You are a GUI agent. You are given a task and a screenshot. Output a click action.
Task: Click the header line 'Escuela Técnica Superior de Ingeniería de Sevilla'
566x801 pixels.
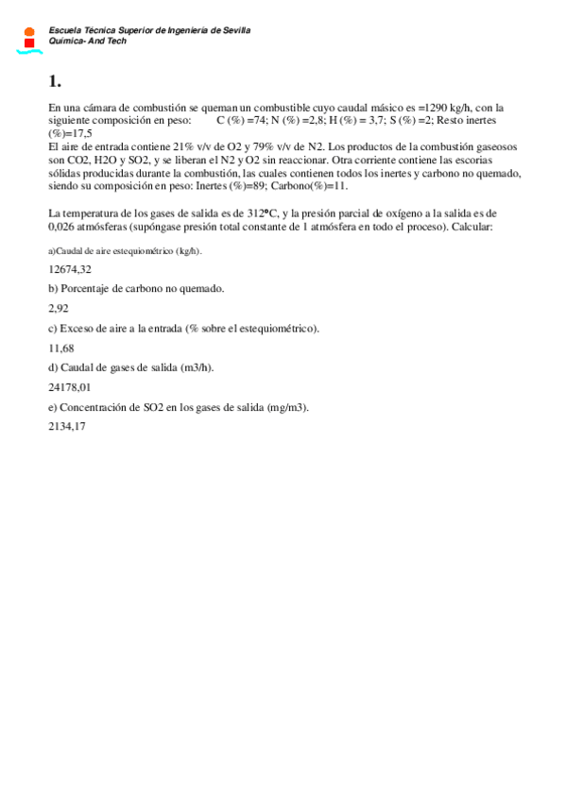(149, 30)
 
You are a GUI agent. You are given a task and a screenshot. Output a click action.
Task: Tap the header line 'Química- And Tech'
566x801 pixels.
(88, 42)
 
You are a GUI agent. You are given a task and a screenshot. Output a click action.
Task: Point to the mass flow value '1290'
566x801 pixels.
(429, 108)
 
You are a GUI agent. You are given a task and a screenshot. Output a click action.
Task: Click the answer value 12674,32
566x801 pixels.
(70, 269)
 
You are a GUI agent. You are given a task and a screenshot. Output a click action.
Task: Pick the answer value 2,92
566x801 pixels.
(59, 308)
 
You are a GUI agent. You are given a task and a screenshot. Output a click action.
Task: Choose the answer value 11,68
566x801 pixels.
(61, 347)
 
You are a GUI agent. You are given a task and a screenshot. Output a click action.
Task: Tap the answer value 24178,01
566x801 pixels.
(70, 386)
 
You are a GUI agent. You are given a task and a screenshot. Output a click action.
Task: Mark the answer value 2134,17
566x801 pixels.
(67, 426)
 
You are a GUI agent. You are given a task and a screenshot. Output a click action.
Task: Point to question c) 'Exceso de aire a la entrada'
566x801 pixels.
(183, 328)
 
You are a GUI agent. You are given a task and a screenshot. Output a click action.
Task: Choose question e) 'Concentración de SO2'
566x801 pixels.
(179, 406)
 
